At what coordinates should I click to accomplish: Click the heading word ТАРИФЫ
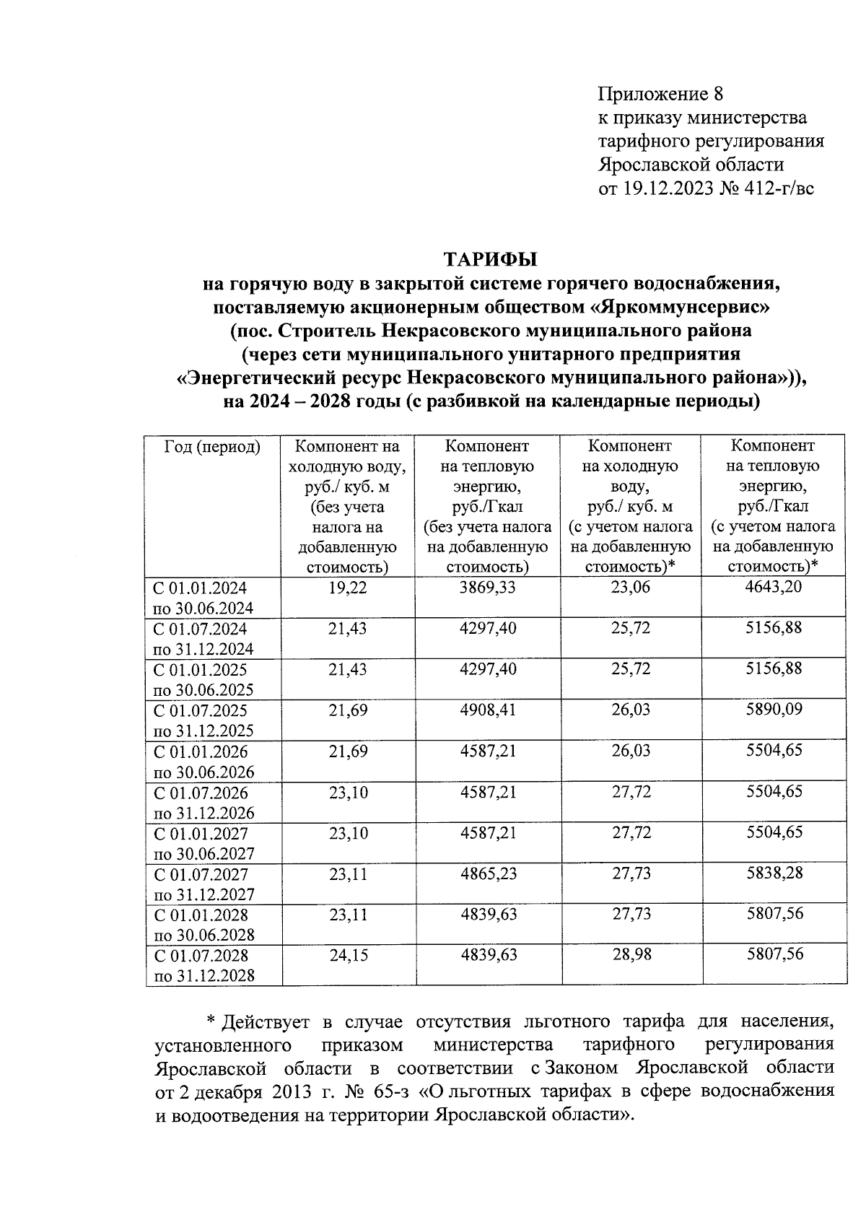click(490, 258)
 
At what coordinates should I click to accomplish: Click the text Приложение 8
click(660, 94)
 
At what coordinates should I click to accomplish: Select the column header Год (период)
click(212, 447)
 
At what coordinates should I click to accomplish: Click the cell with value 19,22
click(348, 588)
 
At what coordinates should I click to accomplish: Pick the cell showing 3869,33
click(488, 588)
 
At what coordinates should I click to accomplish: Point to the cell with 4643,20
click(774, 587)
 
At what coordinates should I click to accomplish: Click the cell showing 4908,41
click(488, 710)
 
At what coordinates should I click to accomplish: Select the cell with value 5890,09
click(774, 710)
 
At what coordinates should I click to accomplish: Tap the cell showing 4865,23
click(488, 874)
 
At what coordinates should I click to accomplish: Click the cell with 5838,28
click(774, 873)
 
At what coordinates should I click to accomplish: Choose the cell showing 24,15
click(348, 956)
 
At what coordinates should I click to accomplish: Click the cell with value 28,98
click(631, 955)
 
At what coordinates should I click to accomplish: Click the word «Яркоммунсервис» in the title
click(681, 308)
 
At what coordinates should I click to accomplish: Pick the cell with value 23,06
click(631, 588)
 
